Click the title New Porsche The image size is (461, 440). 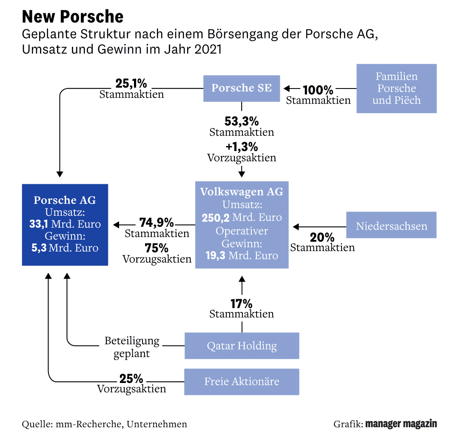click(x=72, y=17)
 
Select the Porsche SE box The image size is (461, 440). click(x=241, y=88)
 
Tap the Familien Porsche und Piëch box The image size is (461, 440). click(x=396, y=88)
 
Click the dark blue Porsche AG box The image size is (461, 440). click(x=65, y=224)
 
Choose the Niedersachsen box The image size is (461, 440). click(x=391, y=225)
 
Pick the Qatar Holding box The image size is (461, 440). click(x=242, y=346)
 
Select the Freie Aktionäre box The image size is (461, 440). click(x=242, y=381)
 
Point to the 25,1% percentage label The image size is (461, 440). click(x=131, y=83)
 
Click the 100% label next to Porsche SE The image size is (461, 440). click(x=318, y=90)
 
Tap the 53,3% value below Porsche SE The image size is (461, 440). click(x=241, y=121)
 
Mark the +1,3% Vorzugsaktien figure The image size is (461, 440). click(x=241, y=147)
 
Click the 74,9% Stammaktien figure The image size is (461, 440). click(x=156, y=223)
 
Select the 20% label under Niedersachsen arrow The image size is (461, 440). click(x=322, y=237)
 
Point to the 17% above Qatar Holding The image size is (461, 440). click(x=242, y=304)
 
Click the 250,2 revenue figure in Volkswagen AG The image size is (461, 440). click(x=216, y=217)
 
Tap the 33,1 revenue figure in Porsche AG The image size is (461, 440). click(x=37, y=224)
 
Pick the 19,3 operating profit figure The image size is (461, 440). click(x=216, y=255)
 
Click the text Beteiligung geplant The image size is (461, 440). click(x=132, y=347)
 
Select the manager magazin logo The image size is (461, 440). click(x=401, y=424)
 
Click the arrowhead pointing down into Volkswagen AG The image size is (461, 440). click(x=242, y=174)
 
